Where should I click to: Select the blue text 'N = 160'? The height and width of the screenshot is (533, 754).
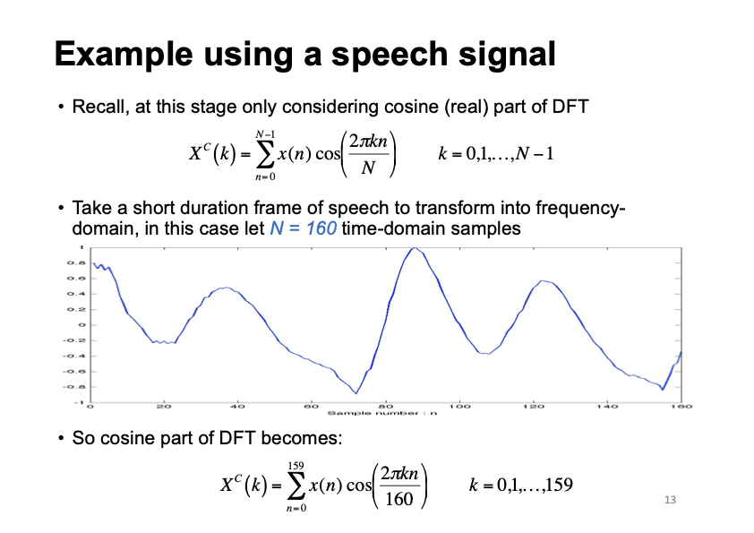tap(303, 228)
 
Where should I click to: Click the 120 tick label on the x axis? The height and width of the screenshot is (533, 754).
tap(535, 407)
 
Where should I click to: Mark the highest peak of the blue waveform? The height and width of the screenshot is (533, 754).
tap(413, 248)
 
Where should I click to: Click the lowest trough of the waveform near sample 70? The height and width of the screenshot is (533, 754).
tap(356, 392)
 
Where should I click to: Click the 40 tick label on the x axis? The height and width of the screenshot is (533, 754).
tap(237, 407)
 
